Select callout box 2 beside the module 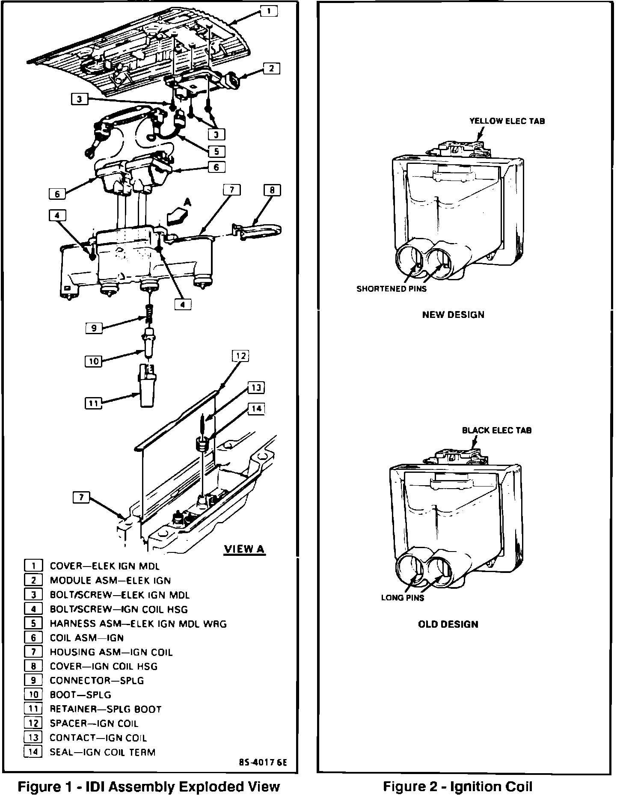point(272,68)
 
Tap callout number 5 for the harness point(217,151)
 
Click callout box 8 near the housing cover point(272,190)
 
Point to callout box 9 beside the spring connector point(94,329)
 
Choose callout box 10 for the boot point(94,362)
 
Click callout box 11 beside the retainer point(94,403)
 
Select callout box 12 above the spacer point(240,356)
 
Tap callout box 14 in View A point(256,409)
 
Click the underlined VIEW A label point(244,549)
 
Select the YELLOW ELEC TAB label point(507,121)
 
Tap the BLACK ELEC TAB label point(497,430)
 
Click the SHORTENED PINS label point(392,289)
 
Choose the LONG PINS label point(402,598)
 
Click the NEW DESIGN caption point(453,315)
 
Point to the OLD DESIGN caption point(448,624)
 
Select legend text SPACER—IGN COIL point(94,724)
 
